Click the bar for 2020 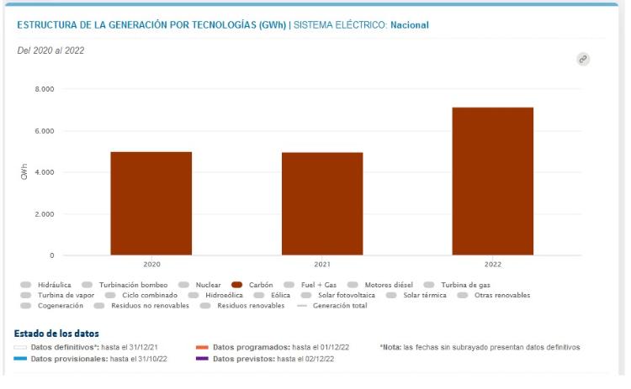151,203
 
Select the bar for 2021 322,203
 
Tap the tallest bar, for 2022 493,181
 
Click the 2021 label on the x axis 322,265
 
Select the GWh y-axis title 24,172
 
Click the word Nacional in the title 410,25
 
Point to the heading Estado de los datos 57,334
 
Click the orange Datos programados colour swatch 202,347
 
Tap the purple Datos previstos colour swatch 202,360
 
